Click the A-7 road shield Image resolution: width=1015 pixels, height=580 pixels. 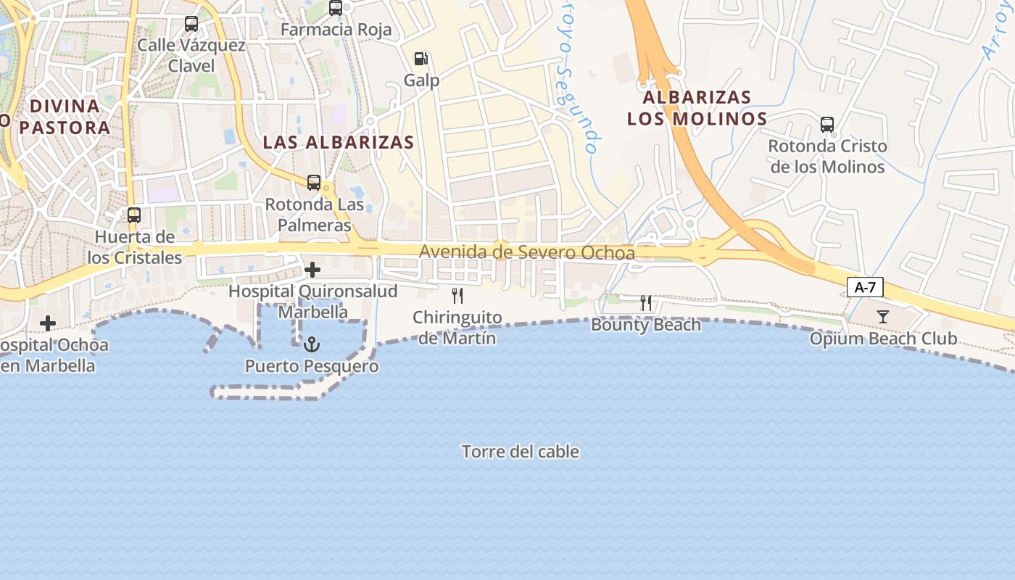[x=865, y=287]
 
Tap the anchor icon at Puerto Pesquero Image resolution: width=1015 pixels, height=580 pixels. [x=312, y=344]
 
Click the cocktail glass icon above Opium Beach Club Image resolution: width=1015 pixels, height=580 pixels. [x=883, y=316]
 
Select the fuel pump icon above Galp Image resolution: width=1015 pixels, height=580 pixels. [x=420, y=59]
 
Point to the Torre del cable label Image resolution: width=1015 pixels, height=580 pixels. [x=521, y=452]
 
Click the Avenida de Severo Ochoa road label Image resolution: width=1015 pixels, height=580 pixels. [x=527, y=252]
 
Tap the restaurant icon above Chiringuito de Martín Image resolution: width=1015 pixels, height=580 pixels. [x=457, y=295]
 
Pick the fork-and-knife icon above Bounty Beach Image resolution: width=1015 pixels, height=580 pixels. [x=646, y=303]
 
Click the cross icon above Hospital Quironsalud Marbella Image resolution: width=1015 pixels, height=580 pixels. [x=312, y=270]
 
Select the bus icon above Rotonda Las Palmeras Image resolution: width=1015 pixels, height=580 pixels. [x=314, y=183]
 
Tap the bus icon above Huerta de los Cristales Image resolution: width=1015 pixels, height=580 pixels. [x=134, y=215]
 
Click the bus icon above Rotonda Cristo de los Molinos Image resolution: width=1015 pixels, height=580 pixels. [x=827, y=125]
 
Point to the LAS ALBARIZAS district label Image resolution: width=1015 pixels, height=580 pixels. [x=339, y=142]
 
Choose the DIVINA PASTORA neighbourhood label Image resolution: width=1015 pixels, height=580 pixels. [x=65, y=117]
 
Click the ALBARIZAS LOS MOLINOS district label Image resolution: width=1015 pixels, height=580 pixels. [x=697, y=107]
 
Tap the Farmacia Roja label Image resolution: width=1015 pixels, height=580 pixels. [x=336, y=30]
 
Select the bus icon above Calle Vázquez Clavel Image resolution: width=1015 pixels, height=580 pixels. [x=191, y=24]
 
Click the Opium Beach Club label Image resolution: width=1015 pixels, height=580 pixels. [x=883, y=339]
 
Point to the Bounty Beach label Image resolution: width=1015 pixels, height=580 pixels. [x=646, y=324]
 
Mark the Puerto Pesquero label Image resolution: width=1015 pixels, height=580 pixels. [x=312, y=366]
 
